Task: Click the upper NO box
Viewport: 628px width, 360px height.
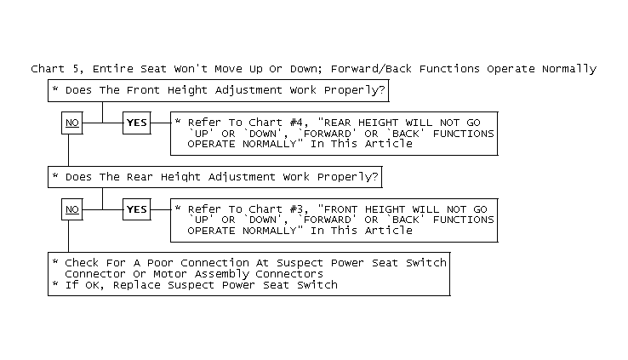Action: tap(72, 123)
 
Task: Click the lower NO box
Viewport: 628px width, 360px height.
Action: tap(72, 209)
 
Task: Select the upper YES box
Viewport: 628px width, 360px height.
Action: tap(136, 123)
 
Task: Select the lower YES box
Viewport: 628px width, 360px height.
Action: tap(136, 209)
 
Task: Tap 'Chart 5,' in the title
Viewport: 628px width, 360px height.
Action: tap(57, 69)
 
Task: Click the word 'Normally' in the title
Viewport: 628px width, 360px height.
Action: tap(569, 69)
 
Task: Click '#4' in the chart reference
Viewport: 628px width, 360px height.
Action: tap(296, 123)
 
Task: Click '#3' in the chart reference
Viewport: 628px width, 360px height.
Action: tap(296, 209)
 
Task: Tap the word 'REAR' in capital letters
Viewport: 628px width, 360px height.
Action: tap(337, 123)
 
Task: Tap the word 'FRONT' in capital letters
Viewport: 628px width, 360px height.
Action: tap(341, 209)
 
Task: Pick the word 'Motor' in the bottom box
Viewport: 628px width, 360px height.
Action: tap(170, 274)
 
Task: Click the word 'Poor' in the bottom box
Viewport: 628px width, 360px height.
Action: tap(160, 263)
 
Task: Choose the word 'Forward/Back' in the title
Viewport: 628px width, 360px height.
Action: tap(371, 69)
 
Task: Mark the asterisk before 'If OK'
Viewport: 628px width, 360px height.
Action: tap(55, 283)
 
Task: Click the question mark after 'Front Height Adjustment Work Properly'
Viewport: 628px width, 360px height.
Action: tap(381, 90)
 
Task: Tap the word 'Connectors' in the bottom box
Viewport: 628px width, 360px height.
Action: tap(289, 274)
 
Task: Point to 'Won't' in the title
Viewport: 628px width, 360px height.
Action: tap(191, 69)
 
